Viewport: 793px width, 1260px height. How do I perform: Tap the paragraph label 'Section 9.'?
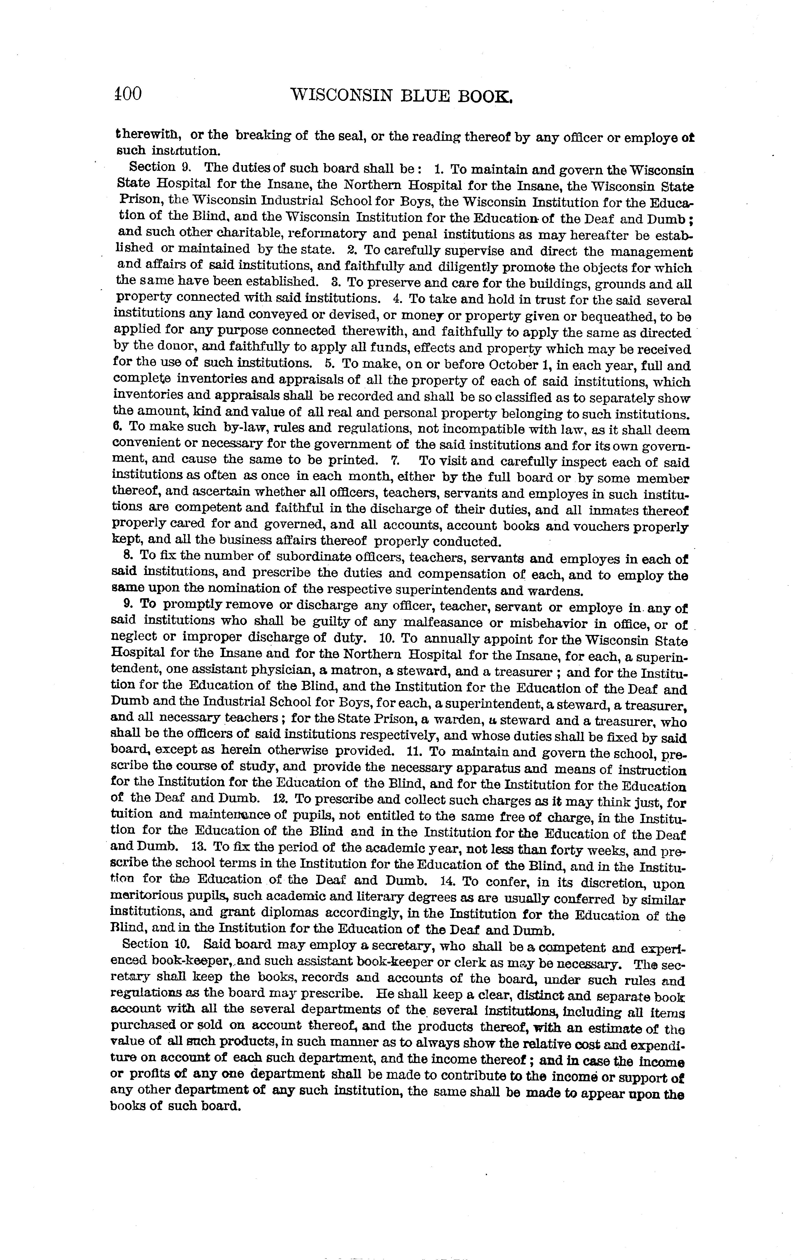coord(159,168)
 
